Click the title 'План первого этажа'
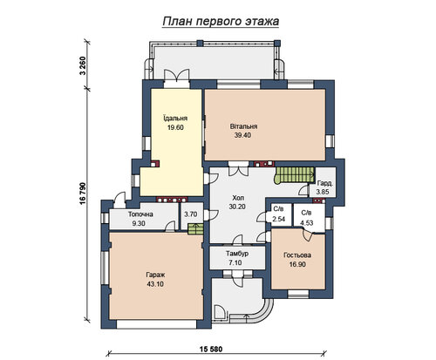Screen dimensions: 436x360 point(221,22)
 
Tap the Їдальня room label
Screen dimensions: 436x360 point(175,119)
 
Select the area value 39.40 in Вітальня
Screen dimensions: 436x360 point(242,135)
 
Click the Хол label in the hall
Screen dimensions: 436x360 point(238,198)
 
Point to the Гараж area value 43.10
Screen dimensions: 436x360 point(155,284)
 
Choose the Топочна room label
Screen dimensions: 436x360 point(140,214)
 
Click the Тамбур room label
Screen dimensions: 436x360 point(237,254)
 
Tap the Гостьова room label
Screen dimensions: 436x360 point(297,255)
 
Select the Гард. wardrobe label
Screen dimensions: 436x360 point(325,184)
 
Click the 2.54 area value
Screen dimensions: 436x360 point(278,219)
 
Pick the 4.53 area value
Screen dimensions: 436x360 point(307,223)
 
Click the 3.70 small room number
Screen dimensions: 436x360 point(191,214)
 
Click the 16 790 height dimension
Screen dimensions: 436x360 point(83,194)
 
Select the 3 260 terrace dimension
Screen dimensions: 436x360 point(83,65)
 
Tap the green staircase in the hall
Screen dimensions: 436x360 point(294,175)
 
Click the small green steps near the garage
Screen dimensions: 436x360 point(195,229)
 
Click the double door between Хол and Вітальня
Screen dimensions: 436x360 point(238,169)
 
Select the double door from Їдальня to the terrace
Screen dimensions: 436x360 point(177,78)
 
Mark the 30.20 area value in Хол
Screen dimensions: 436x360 point(237,207)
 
